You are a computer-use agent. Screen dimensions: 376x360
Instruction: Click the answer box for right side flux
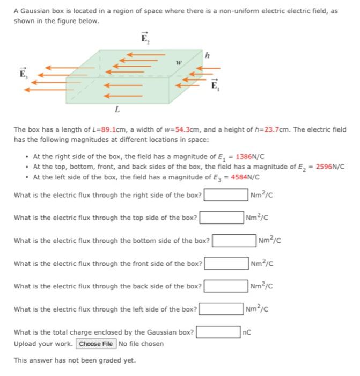point(225,194)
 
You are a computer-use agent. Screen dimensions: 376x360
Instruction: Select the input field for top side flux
point(221,218)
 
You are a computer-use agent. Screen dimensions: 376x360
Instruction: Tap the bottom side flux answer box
point(233,240)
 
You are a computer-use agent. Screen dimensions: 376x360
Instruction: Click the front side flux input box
point(226,263)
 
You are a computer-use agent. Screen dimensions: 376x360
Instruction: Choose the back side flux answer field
point(225,286)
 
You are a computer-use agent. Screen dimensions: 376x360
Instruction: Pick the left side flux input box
point(221,309)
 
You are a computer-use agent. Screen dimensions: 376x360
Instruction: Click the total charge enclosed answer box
point(218,332)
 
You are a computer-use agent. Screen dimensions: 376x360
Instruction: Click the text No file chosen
point(141,344)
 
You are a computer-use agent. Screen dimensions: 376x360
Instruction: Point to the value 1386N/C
point(250,157)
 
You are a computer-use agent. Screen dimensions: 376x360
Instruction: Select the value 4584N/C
point(245,177)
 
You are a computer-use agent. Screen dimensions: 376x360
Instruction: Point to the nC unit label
point(247,332)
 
